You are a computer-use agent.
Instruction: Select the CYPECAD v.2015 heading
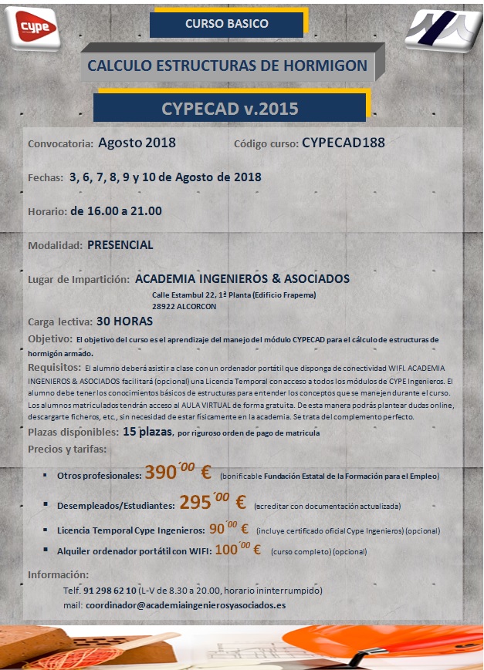(230, 108)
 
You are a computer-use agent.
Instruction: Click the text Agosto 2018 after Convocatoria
(137, 143)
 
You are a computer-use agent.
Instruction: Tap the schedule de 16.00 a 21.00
(116, 210)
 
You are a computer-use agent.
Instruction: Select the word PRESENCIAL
(120, 245)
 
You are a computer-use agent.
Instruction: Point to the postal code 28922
(165, 306)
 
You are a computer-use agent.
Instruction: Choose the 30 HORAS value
(124, 321)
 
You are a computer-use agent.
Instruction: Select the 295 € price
(213, 503)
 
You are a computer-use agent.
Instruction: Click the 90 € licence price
(228, 530)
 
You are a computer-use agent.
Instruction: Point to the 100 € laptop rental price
(238, 550)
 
